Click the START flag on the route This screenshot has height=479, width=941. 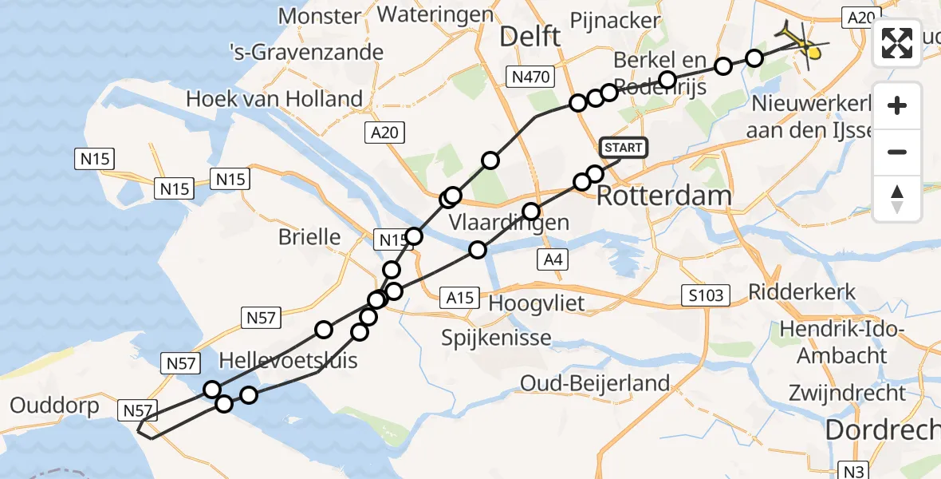point(623,148)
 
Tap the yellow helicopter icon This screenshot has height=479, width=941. point(804,44)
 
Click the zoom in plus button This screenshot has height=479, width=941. point(897,105)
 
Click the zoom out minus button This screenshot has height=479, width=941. point(897,152)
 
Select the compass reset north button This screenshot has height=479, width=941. point(897,198)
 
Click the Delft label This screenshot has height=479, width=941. point(530,35)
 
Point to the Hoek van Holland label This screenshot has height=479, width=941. point(274,99)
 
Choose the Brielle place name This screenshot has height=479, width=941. point(309,237)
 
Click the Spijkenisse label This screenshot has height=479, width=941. point(497,338)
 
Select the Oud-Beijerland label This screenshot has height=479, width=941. point(595,383)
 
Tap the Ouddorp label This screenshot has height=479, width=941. point(55,406)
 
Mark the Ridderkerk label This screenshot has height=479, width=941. point(802,291)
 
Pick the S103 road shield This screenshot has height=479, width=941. point(707,296)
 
